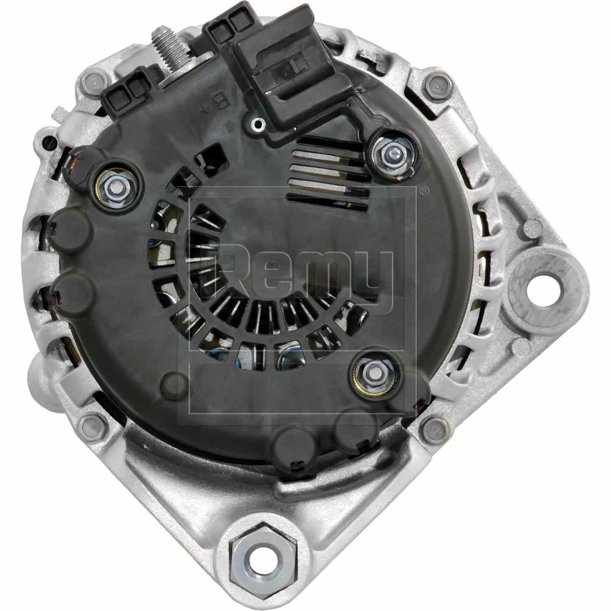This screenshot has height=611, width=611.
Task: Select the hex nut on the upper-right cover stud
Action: [391, 153]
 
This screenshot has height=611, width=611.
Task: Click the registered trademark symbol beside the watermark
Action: [424, 189]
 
